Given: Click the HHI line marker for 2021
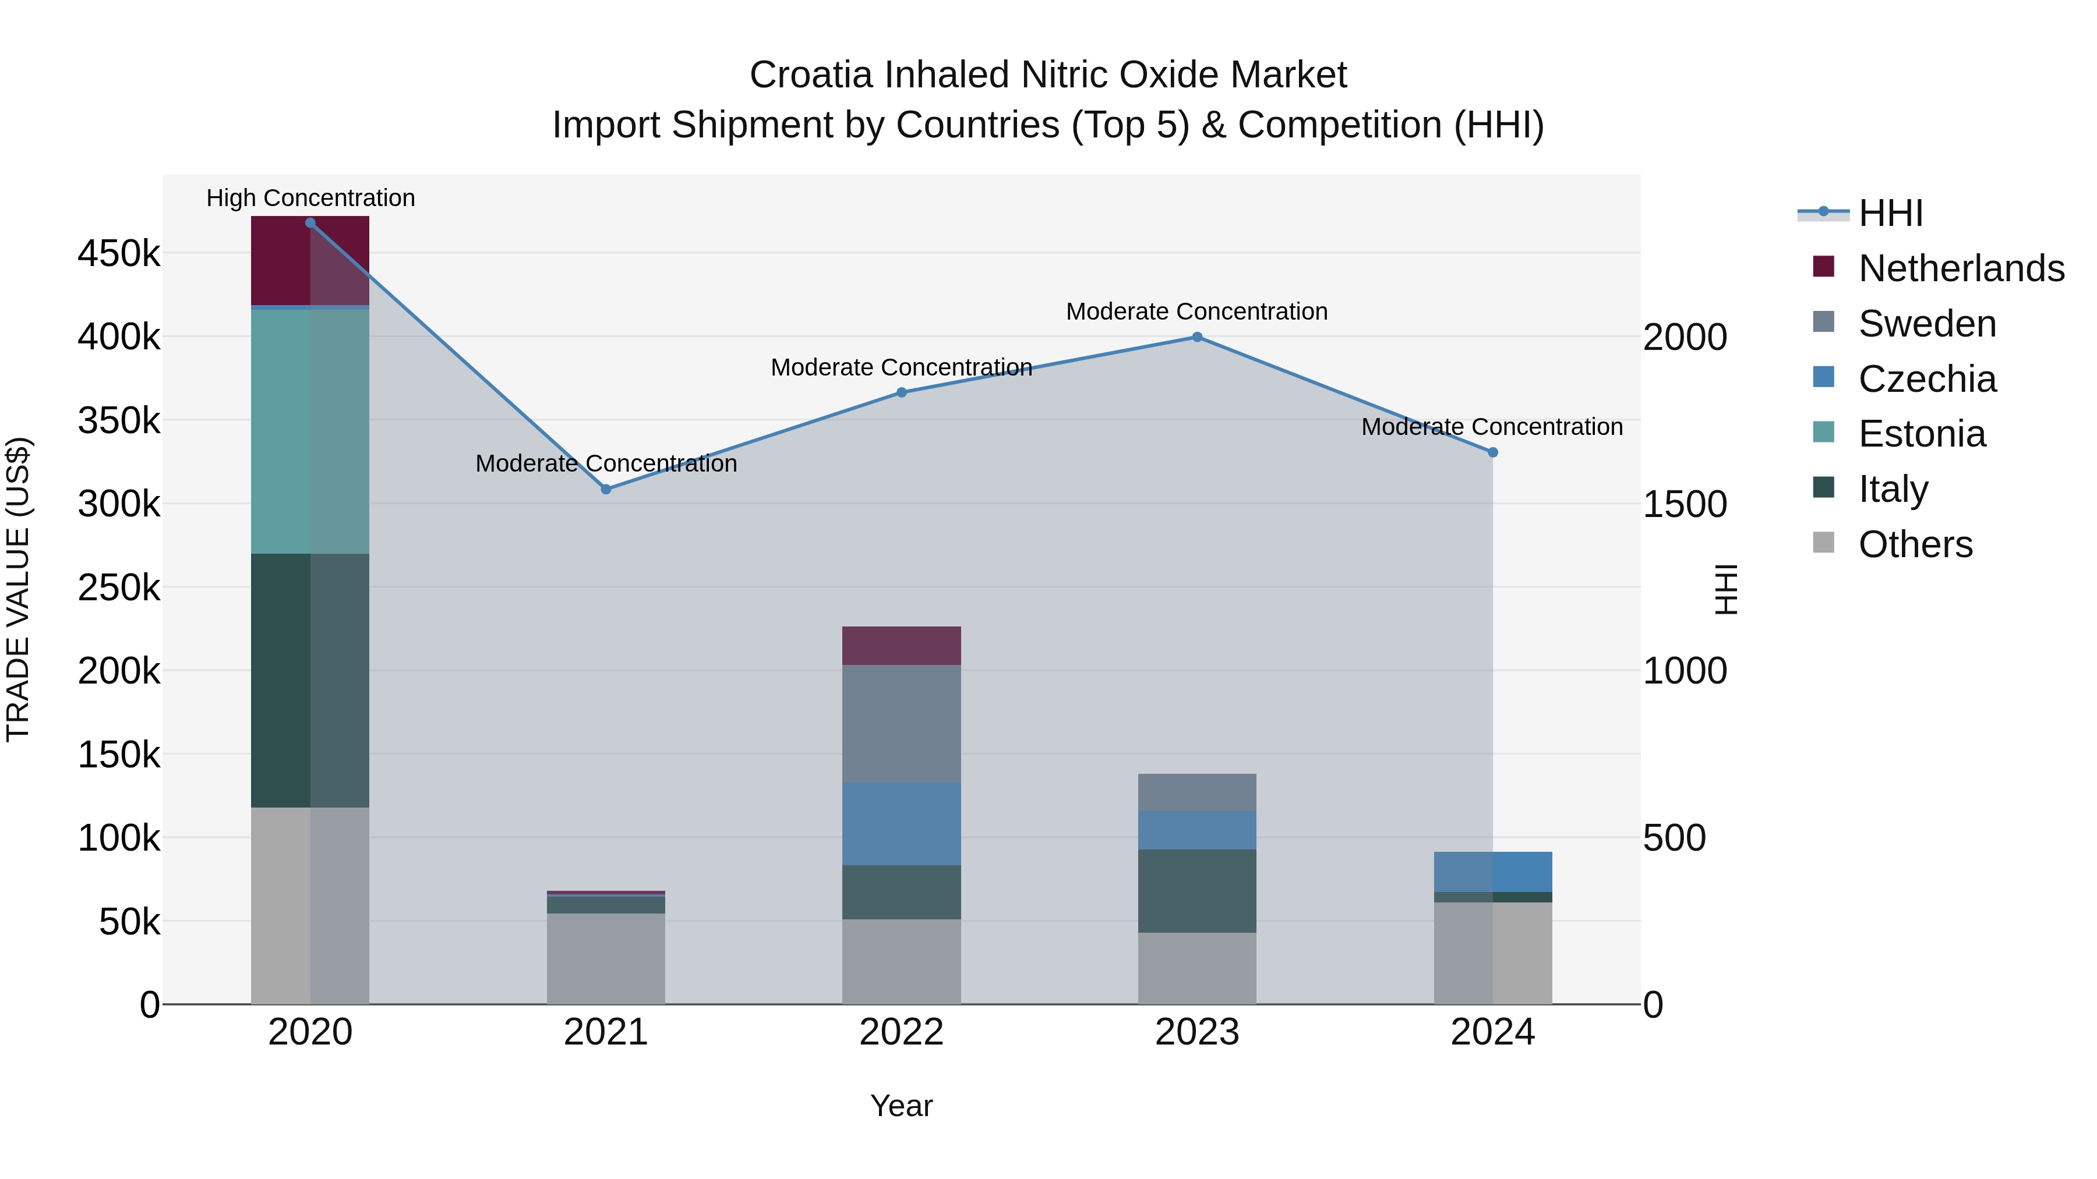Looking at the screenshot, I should (x=606, y=489).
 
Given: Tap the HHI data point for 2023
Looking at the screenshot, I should (x=1196, y=337).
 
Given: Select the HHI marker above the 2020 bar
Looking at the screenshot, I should (x=310, y=223).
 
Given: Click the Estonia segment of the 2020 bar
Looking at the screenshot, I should (x=309, y=431).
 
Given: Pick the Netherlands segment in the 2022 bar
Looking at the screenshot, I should (x=901, y=645).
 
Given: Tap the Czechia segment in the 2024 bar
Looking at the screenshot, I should (x=1492, y=872).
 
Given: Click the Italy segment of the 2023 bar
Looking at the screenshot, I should (x=1196, y=891).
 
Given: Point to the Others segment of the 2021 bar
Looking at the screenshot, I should (x=606, y=958).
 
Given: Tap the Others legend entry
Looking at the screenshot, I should (x=1915, y=544).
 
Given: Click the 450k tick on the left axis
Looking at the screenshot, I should (x=119, y=254).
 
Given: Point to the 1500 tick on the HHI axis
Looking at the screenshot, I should (x=1684, y=504).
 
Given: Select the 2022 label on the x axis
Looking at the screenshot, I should (x=901, y=1032).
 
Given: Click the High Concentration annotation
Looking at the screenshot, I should (x=310, y=198).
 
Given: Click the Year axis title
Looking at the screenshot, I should (x=901, y=1106).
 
